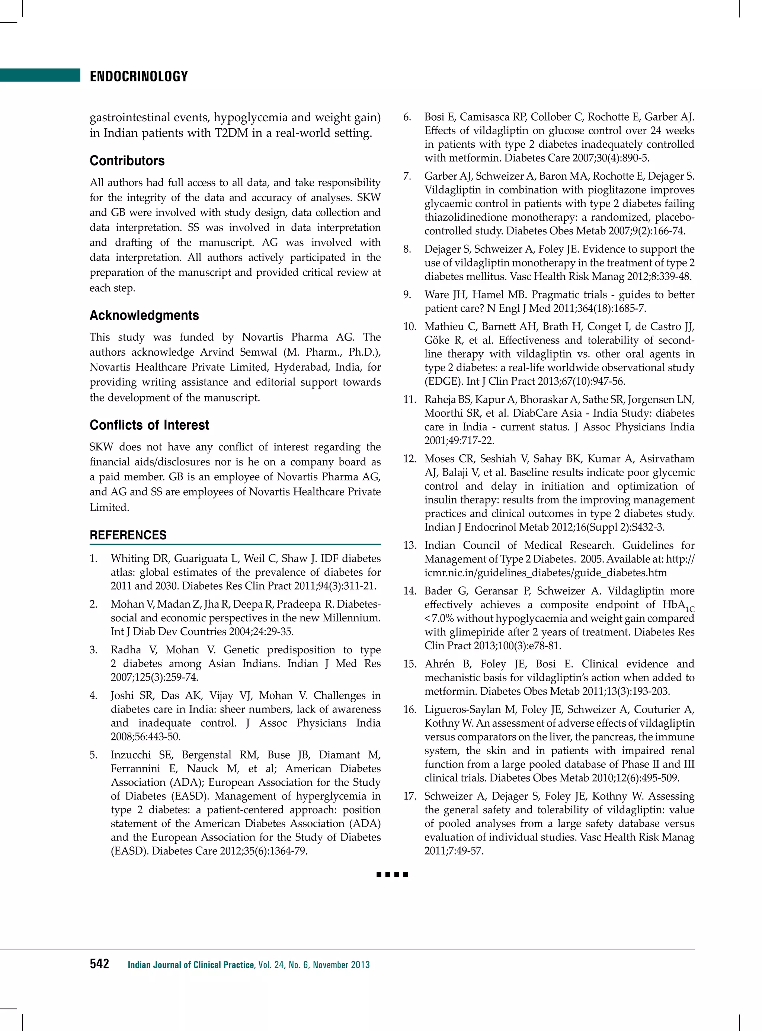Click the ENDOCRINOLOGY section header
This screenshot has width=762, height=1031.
[139, 76]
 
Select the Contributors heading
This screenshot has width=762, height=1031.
[127, 160]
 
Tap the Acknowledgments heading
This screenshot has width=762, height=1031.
[144, 315]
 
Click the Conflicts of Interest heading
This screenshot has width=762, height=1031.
[149, 425]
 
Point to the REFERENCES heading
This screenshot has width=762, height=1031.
[128, 535]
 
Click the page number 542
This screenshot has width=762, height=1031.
[100, 964]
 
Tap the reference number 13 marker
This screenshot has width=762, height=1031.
[409, 545]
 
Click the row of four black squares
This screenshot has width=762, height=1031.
[392, 874]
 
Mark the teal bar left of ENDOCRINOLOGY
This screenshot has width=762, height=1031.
[40, 75]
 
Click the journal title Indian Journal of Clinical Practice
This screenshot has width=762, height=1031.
[191, 964]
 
